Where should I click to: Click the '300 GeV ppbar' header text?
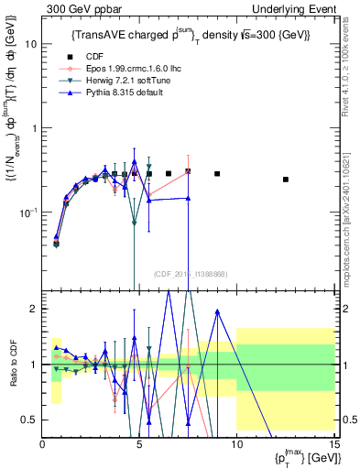pyautogui.click(x=74, y=7)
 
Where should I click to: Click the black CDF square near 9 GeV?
pyautogui.click(x=217, y=173)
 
